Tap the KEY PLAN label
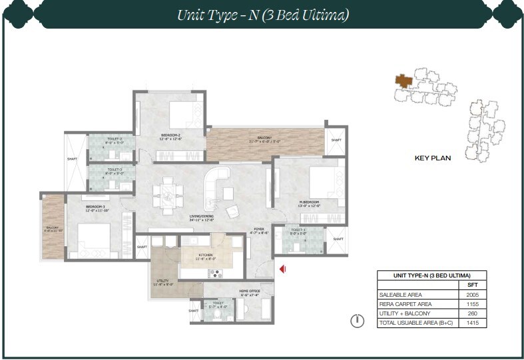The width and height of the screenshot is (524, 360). pyautogui.click(x=433, y=158)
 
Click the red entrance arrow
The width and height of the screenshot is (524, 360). pyautogui.click(x=283, y=269)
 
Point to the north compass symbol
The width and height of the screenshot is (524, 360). pyautogui.click(x=358, y=321)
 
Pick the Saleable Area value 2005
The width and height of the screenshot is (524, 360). pyautogui.click(x=473, y=294)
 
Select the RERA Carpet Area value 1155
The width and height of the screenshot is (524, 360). pyautogui.click(x=473, y=303)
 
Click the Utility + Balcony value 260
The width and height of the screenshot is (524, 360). pyautogui.click(x=473, y=313)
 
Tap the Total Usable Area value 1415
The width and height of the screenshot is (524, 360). pyautogui.click(x=473, y=323)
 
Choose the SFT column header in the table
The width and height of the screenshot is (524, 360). pyautogui.click(x=473, y=284)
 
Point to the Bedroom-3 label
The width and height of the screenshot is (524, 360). pyautogui.click(x=97, y=208)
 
